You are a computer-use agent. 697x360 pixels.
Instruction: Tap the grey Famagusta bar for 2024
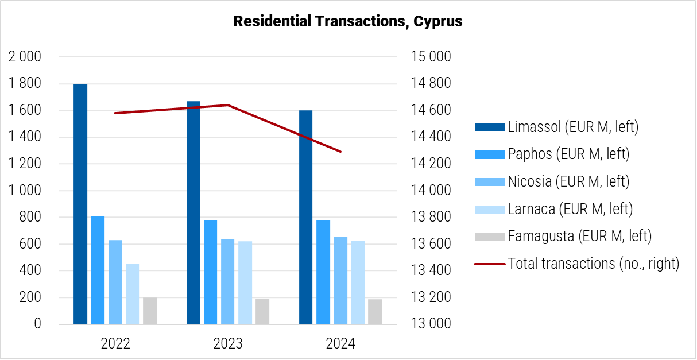click(x=375, y=311)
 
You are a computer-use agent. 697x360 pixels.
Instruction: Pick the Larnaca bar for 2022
click(x=132, y=293)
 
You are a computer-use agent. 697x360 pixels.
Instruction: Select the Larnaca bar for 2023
click(x=245, y=282)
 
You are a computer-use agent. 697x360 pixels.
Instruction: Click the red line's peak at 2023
click(x=228, y=105)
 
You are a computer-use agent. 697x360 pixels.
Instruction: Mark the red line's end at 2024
click(x=340, y=152)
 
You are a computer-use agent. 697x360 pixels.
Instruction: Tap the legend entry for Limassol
click(x=572, y=127)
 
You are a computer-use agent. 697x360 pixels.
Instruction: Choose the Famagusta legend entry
click(x=579, y=236)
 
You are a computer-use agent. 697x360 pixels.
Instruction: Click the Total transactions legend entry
click(x=593, y=264)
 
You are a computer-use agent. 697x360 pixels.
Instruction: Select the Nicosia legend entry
click(x=568, y=181)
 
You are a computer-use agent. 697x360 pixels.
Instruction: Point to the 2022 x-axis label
click(x=115, y=344)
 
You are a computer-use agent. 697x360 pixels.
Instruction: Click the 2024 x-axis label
click(x=340, y=344)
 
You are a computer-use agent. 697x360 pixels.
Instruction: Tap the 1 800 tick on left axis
click(x=25, y=84)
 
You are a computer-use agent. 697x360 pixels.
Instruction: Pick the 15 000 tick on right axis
click(x=430, y=57)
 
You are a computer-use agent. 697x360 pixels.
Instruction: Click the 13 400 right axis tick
click(x=430, y=270)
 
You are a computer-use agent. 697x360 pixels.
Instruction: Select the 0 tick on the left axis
click(x=38, y=324)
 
